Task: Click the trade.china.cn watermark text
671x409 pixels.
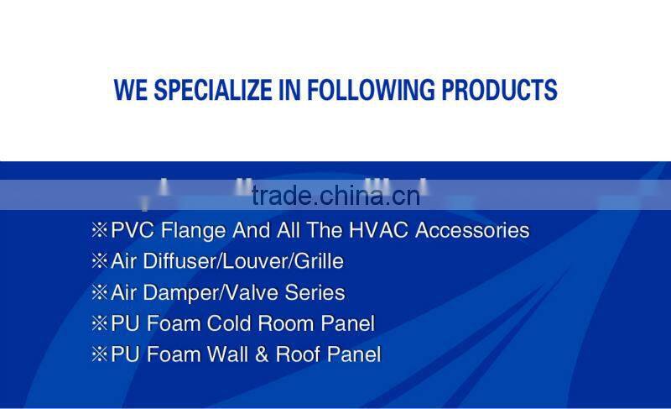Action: click(335, 196)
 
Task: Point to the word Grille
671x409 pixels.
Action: click(316, 261)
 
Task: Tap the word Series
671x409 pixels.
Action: click(317, 292)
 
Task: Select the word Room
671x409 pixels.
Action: click(292, 323)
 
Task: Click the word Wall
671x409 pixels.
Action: click(225, 354)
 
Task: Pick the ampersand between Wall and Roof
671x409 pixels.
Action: click(262, 354)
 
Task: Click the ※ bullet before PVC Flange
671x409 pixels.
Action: click(99, 230)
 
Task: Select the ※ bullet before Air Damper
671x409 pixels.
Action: click(99, 292)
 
